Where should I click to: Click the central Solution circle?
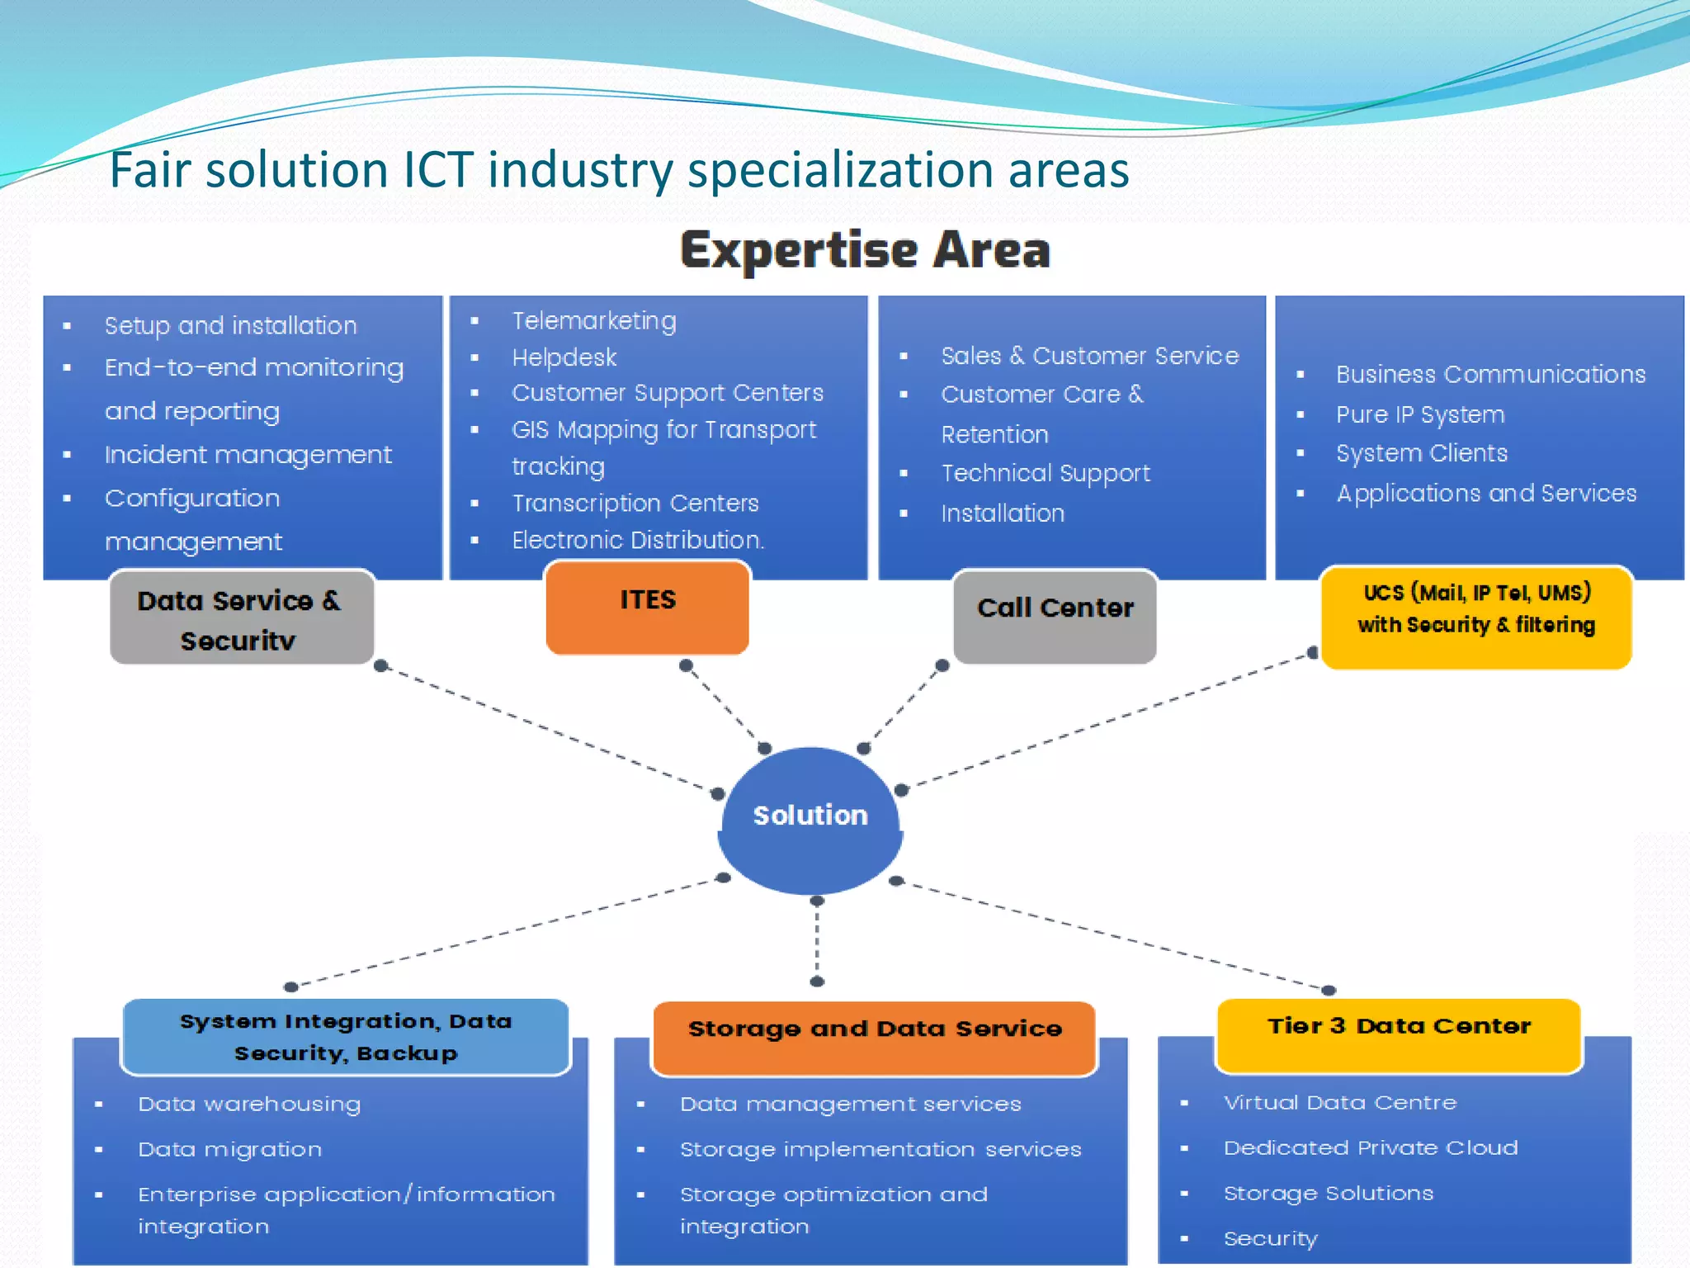(810, 817)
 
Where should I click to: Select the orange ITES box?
(648, 607)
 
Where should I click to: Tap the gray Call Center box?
(1055, 615)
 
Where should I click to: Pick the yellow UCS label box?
(1475, 616)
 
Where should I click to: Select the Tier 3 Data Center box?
(1399, 1034)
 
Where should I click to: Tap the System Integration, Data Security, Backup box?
(346, 1037)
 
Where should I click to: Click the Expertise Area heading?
(865, 250)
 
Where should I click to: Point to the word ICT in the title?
(437, 170)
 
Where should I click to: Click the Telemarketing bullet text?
(594, 320)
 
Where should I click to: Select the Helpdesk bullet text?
(564, 357)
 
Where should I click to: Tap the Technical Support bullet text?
(1046, 473)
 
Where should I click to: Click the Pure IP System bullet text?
(1420, 414)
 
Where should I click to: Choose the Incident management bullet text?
(248, 455)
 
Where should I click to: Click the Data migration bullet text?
(230, 1149)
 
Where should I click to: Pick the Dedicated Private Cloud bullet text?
(1371, 1147)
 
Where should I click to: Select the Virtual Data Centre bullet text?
(1340, 1103)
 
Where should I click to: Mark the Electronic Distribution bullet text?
(638, 540)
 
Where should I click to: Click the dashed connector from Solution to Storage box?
(817, 941)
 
